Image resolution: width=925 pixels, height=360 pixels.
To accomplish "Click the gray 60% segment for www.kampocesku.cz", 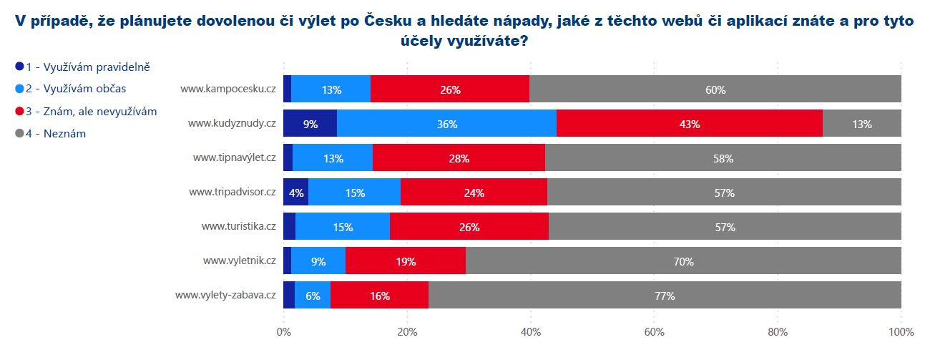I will (x=715, y=89).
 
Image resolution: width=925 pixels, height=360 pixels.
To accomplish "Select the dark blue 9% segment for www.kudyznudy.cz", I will (x=310, y=124).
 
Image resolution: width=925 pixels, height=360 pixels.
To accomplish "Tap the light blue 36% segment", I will (x=446, y=124).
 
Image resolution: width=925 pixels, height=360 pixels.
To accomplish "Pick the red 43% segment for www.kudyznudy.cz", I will (x=690, y=124).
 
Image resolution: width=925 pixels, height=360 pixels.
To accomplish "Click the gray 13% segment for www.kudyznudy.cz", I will (x=862, y=124).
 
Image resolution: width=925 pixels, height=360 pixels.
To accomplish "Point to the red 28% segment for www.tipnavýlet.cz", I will (x=459, y=158).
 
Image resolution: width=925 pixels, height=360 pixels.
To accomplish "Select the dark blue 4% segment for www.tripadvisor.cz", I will (x=296, y=193).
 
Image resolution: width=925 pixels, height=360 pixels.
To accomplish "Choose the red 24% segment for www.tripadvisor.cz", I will (x=474, y=193).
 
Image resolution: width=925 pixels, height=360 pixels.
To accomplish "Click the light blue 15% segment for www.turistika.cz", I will (x=343, y=227).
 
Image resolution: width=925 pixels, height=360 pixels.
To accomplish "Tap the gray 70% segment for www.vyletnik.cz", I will (x=683, y=261).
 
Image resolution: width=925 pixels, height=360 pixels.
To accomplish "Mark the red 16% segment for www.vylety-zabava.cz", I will (x=379, y=295).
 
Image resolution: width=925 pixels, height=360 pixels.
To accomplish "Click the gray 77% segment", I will (x=665, y=295).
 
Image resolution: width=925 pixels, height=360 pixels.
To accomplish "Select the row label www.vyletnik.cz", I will (x=239, y=261).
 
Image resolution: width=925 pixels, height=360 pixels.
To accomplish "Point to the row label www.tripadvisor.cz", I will (x=233, y=193).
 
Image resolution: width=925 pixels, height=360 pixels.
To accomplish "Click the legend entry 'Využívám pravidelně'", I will (x=88, y=67).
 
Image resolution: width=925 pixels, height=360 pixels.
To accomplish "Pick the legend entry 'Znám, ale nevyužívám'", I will (x=91, y=111).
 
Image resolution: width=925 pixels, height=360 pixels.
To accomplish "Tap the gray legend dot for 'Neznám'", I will (x=19, y=133).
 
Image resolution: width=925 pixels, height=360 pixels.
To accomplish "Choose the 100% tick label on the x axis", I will (x=901, y=332).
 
